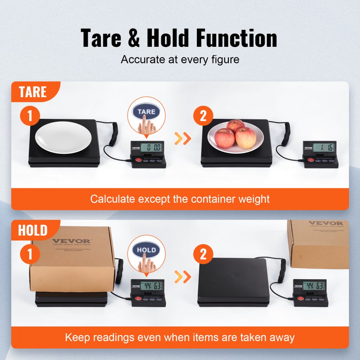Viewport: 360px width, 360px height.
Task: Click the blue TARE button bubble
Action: pyautogui.click(x=146, y=112)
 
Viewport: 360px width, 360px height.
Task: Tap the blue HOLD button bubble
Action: pyautogui.click(x=147, y=250)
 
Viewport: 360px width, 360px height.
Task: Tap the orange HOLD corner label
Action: pyautogui.click(x=32, y=230)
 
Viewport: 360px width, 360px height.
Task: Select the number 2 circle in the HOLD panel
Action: pyautogui.click(x=203, y=255)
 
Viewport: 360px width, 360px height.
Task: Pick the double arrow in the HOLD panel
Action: pyautogui.click(x=182, y=276)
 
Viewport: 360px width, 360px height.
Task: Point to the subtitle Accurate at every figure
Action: pyautogui.click(x=180, y=59)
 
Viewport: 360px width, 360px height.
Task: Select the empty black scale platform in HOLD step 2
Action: pyautogui.click(x=234, y=281)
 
